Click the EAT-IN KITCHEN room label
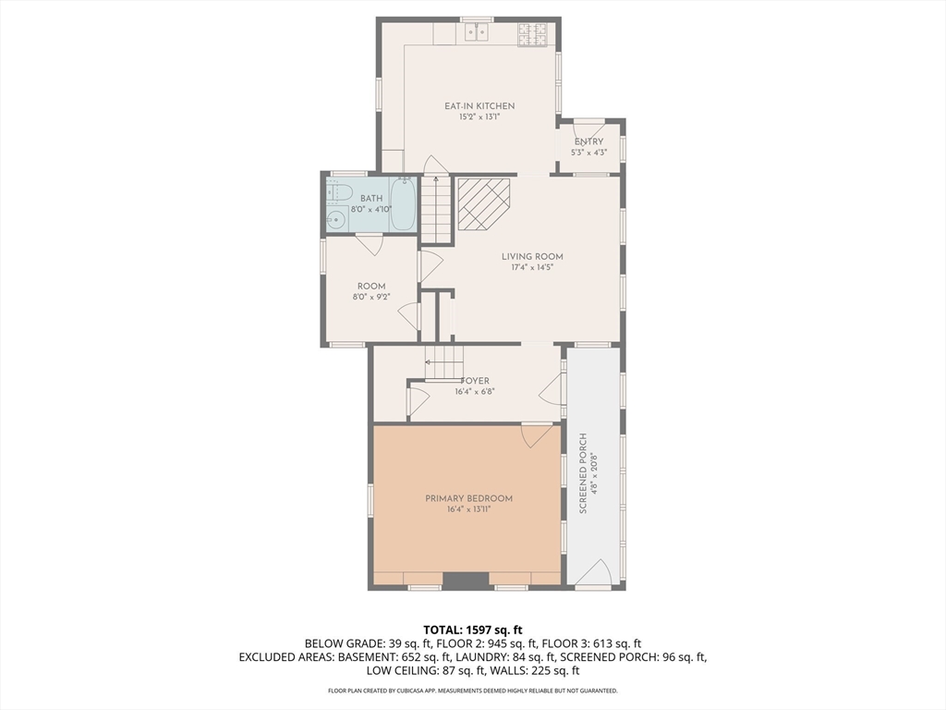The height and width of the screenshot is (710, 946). click(479, 106)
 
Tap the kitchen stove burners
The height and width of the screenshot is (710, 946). click(533, 34)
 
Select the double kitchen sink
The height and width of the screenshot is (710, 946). click(477, 32)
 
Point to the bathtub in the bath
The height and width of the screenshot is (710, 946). click(402, 204)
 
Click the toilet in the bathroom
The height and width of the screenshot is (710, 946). click(339, 191)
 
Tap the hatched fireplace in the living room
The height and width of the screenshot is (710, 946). click(484, 203)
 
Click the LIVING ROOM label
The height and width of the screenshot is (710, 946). click(532, 257)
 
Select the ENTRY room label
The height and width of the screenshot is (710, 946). click(588, 141)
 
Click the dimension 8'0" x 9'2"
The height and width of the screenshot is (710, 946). click(371, 297)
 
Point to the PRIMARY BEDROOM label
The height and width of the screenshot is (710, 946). click(468, 498)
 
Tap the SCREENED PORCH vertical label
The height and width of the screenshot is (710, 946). click(583, 473)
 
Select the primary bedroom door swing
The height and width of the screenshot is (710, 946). click(537, 436)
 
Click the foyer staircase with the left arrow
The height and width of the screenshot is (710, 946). click(443, 362)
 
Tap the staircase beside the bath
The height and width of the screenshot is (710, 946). click(436, 208)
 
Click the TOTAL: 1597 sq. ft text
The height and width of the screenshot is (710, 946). click(472, 630)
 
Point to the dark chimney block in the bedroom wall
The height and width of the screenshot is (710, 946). click(466, 581)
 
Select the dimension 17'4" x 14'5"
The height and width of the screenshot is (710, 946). click(532, 267)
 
